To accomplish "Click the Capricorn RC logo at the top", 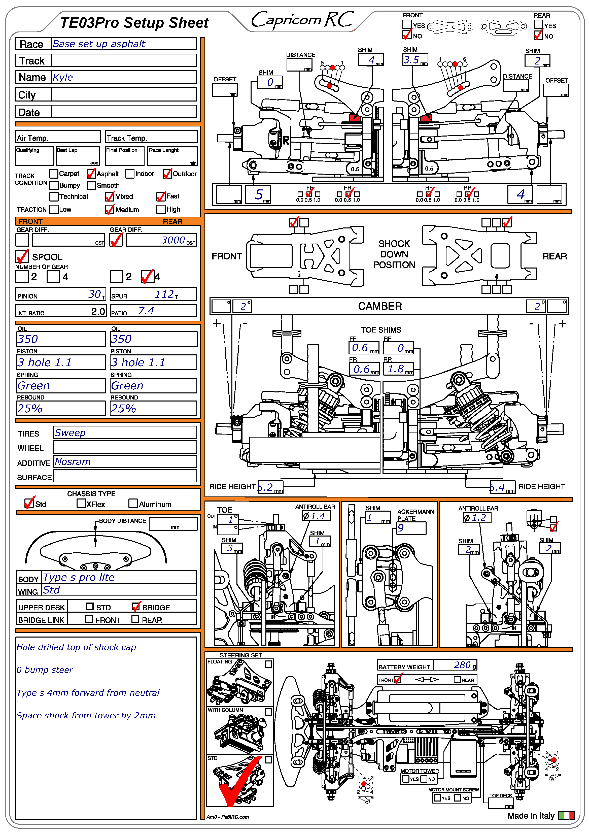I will pyautogui.click(x=302, y=20).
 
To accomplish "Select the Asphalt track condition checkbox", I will pyautogui.click(x=91, y=174).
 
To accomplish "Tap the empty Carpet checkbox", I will pyautogui.click(x=54, y=174).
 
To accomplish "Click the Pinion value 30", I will pyautogui.click(x=94, y=294).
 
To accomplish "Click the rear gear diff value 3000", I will pyautogui.click(x=173, y=240).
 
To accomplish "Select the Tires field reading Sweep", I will pyautogui.click(x=70, y=433).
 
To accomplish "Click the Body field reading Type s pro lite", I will pyautogui.click(x=79, y=577).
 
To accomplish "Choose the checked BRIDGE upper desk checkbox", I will pyautogui.click(x=136, y=607).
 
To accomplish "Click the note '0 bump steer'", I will pyautogui.click(x=45, y=670).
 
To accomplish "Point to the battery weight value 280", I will pyautogui.click(x=462, y=665).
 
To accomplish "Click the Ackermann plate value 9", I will pyautogui.click(x=401, y=528).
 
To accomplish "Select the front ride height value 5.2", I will pyautogui.click(x=265, y=487).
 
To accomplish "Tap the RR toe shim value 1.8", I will pyautogui.click(x=395, y=369).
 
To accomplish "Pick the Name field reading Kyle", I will pyautogui.click(x=63, y=77).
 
